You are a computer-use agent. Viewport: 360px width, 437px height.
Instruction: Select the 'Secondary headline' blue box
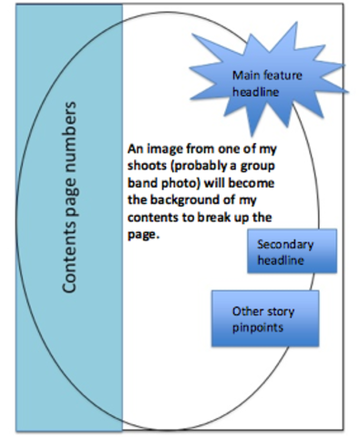coord(292,252)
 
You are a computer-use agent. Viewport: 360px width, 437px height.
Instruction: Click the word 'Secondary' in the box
coord(285,245)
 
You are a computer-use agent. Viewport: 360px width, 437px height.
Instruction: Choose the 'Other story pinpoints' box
coord(264,319)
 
